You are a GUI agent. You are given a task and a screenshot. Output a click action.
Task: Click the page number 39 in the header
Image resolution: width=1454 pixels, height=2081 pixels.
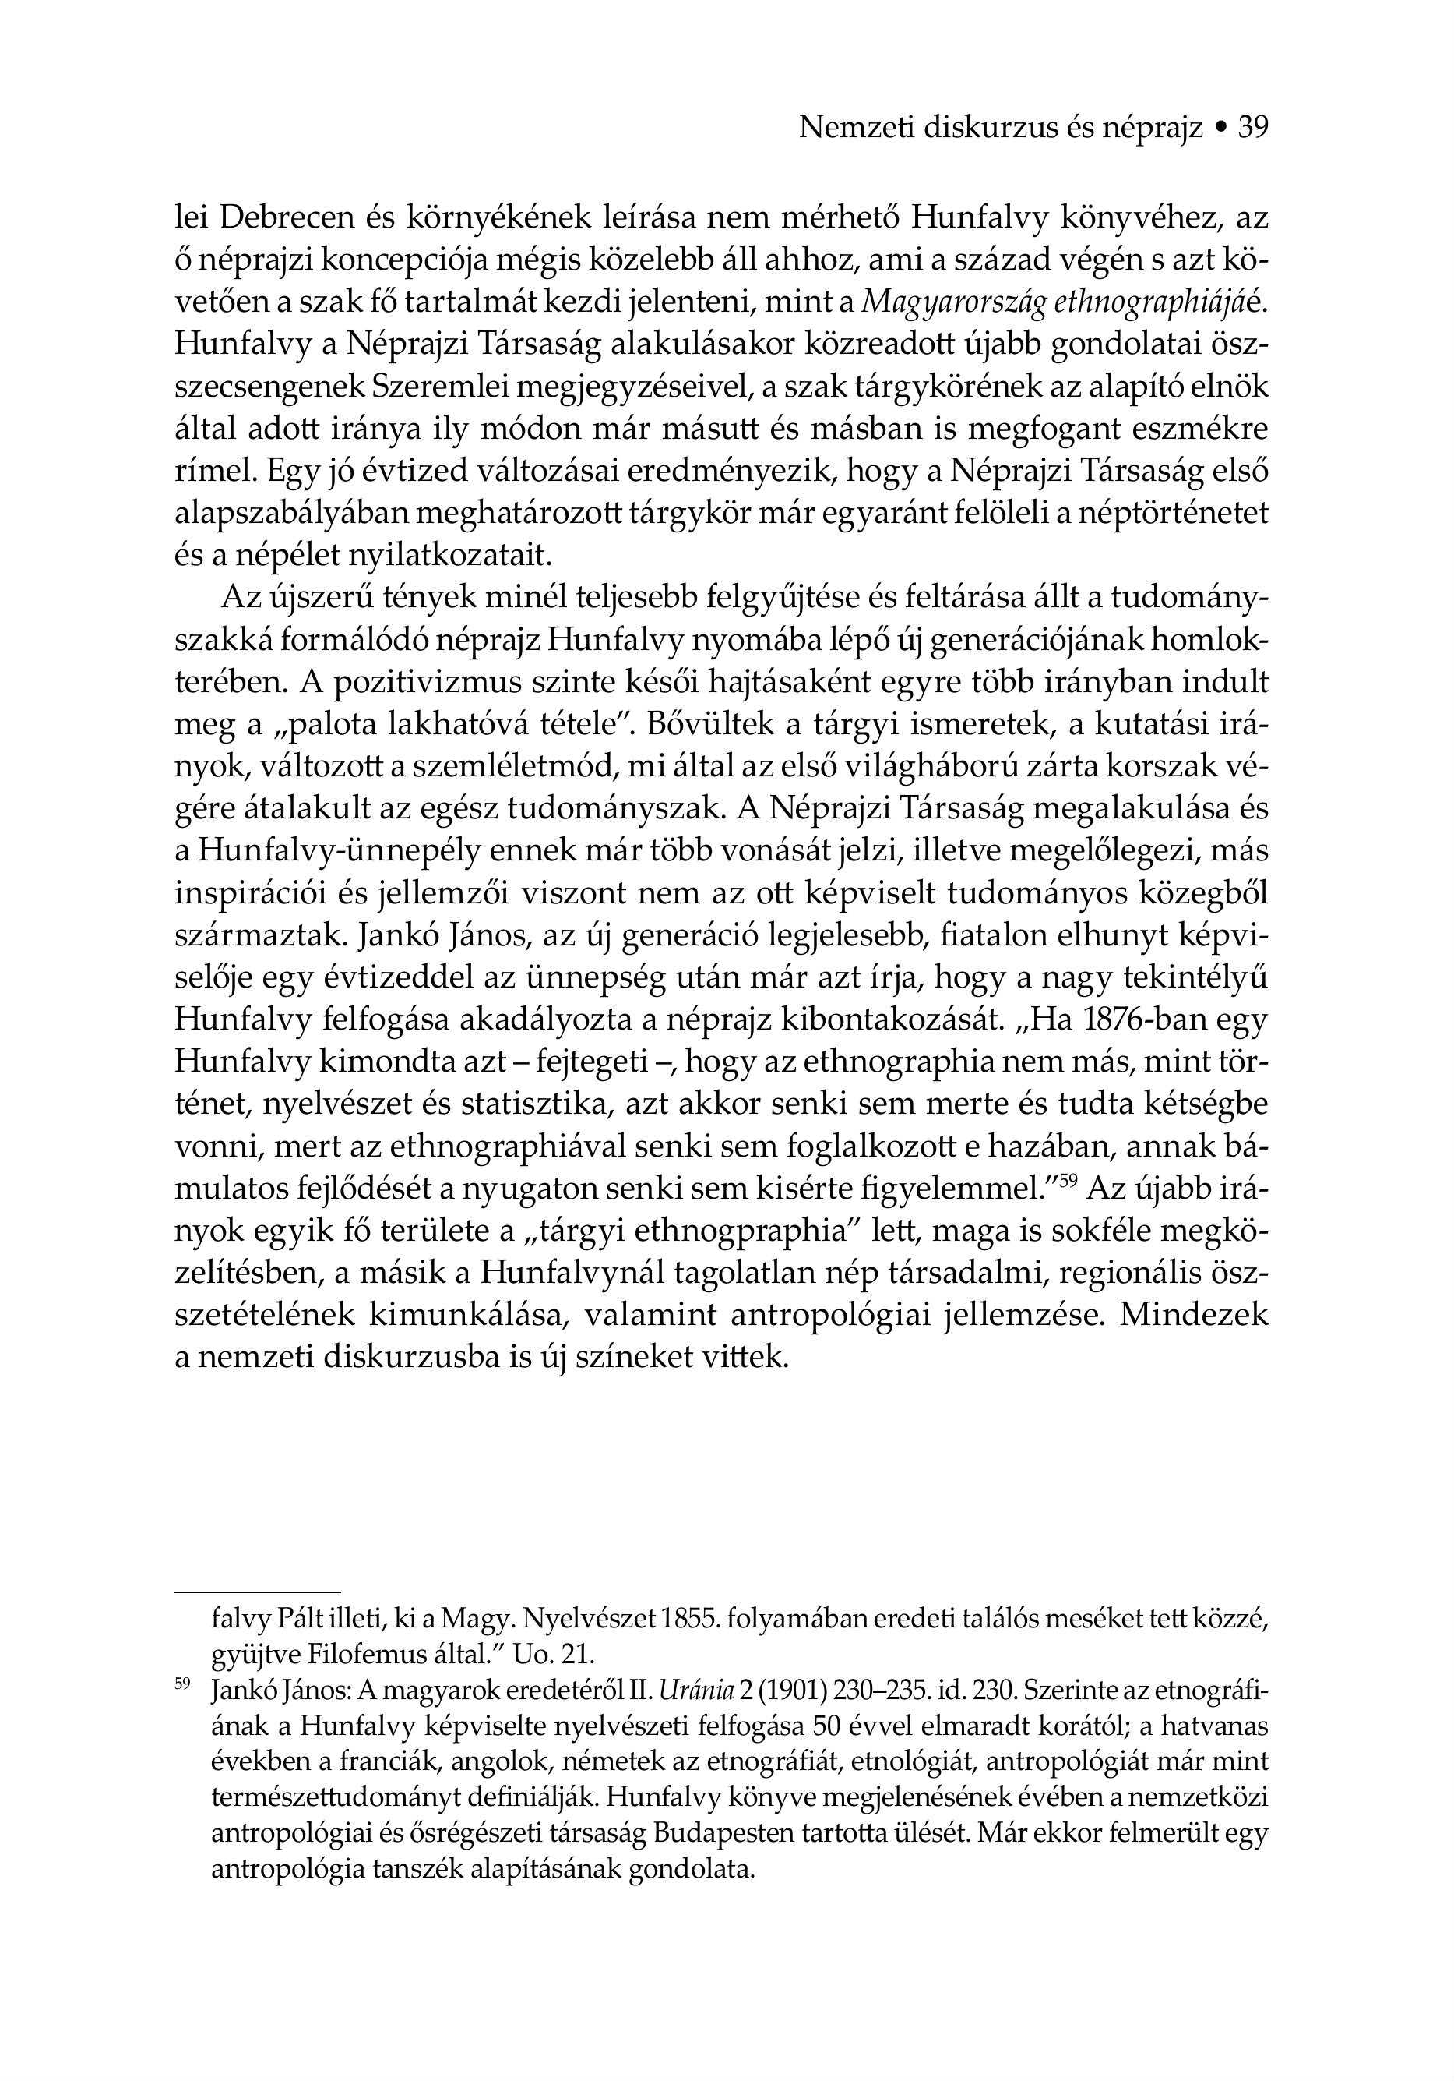point(1253,129)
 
